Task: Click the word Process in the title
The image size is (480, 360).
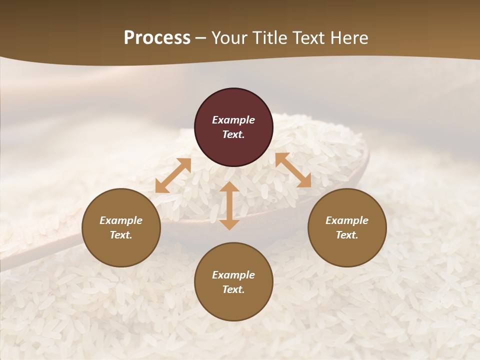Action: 157,38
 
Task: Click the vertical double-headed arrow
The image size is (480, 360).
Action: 229,205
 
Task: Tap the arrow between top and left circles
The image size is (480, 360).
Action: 173,175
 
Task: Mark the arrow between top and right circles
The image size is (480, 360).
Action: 293,170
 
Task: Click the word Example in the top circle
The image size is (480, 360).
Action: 233,120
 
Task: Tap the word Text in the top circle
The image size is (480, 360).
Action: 233,134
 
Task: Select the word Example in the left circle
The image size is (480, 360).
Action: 121,220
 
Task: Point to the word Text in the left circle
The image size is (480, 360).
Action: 121,235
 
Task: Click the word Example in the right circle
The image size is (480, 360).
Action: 347,220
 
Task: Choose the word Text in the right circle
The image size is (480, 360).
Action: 347,235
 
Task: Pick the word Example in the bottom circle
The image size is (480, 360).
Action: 233,275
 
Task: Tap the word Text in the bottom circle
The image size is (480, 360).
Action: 233,289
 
